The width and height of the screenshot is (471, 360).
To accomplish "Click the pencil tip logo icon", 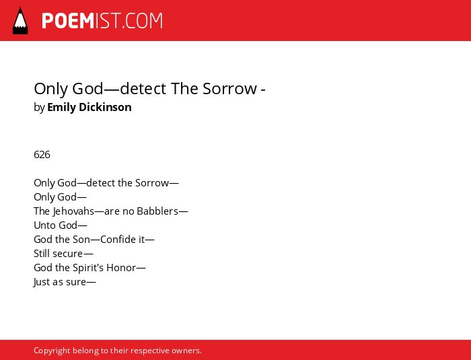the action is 20,21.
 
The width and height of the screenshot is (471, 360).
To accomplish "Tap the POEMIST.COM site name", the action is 102,21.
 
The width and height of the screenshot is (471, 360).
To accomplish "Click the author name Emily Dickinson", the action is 89,107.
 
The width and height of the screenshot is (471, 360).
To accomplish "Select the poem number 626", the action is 42,155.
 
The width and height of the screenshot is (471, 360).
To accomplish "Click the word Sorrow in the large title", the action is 230,89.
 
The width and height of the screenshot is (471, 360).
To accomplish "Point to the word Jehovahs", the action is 73,211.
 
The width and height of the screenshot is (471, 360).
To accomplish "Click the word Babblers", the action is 157,211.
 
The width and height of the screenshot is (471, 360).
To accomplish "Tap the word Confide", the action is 118,240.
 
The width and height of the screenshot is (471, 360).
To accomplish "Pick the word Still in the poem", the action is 42,254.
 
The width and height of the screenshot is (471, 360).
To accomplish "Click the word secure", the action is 67,254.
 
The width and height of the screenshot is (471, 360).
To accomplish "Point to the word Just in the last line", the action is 41,282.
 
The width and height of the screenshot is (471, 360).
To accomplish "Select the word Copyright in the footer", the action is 52,351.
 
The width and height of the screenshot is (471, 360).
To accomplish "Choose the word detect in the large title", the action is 143,89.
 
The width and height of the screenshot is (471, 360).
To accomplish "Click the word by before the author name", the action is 39,108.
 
